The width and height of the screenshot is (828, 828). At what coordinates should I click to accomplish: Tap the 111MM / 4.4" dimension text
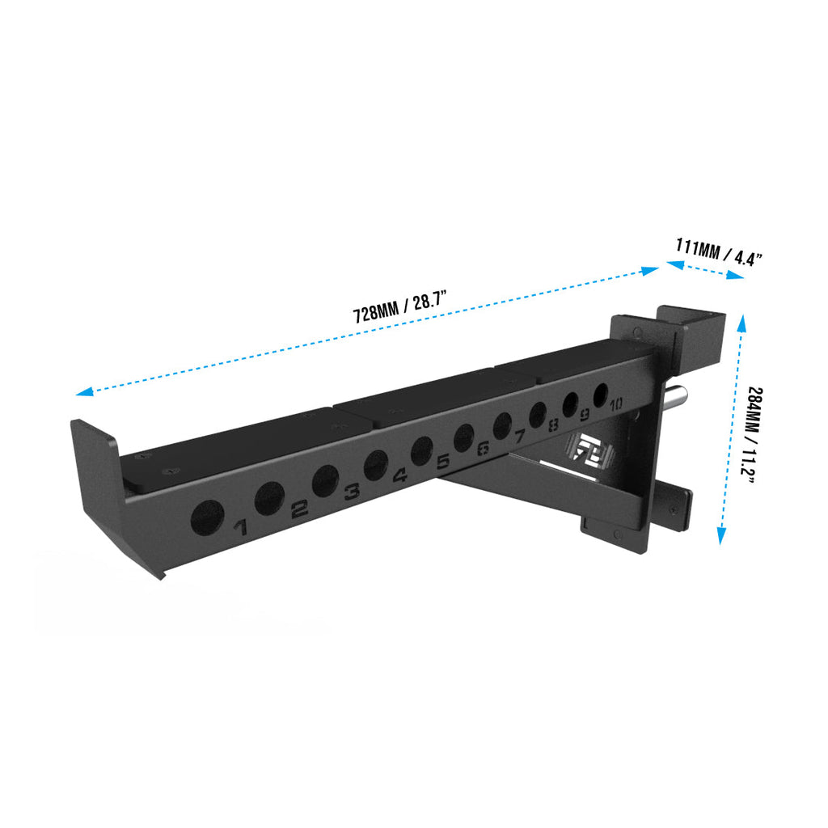click(x=719, y=252)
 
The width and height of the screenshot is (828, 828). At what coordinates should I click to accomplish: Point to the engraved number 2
click(x=299, y=508)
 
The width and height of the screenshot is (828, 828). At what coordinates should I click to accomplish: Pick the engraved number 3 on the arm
click(x=352, y=492)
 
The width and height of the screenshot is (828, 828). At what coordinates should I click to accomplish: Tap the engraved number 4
click(x=399, y=475)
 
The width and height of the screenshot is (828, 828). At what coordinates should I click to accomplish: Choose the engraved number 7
click(x=520, y=437)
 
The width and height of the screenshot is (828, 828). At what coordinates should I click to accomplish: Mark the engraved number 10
click(x=616, y=404)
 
